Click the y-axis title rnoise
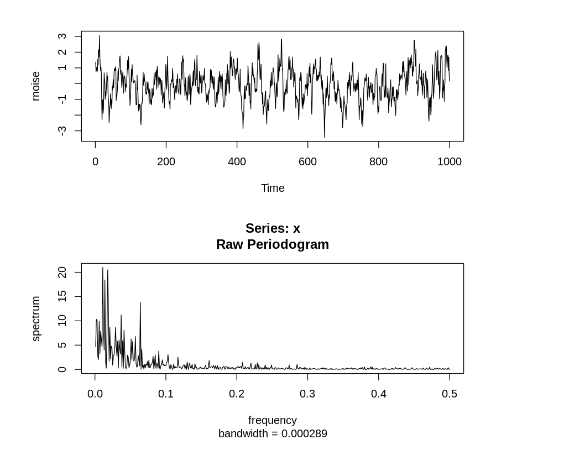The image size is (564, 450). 36,86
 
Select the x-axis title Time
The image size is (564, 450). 273,189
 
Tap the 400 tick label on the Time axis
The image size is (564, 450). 237,162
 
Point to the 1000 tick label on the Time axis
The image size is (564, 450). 449,162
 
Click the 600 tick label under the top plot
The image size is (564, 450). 307,162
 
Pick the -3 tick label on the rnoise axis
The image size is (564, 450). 62,130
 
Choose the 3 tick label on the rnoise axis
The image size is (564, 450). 62,36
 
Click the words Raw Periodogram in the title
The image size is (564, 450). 273,244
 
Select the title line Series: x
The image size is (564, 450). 273,228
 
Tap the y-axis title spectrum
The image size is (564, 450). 36,318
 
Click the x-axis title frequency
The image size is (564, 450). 273,420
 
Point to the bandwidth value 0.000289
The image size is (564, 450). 304,434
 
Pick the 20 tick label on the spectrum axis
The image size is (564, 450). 62,272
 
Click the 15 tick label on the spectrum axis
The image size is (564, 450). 62,296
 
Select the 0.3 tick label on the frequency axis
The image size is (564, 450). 307,394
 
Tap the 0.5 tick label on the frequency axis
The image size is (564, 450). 449,394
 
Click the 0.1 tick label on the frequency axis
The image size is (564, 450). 166,394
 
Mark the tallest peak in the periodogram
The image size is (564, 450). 102,268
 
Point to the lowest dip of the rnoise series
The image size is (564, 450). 325,137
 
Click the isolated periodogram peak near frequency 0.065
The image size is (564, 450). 140,303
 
